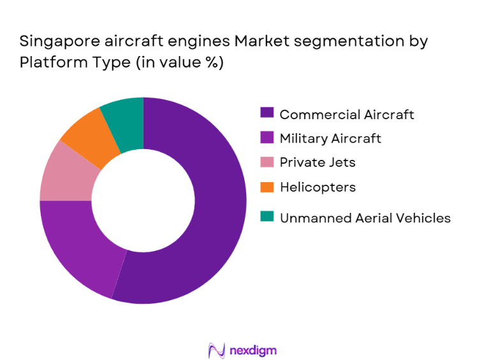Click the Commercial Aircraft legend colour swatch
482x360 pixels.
coord(267,115)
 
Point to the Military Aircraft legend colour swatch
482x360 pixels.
coord(267,138)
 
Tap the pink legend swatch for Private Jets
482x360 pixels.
coord(267,162)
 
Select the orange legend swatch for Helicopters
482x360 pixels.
coord(267,187)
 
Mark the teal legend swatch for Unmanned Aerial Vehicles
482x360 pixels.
coord(267,218)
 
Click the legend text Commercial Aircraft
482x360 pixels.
coord(347,115)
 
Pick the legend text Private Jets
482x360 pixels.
coord(318,162)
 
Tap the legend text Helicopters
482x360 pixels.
coord(318,187)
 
